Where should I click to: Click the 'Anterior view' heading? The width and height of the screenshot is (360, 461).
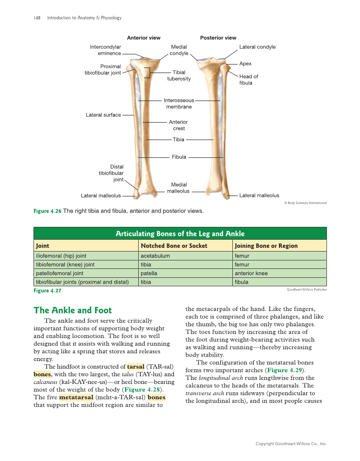click(x=144, y=38)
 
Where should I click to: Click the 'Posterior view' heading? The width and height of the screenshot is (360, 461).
click(x=218, y=38)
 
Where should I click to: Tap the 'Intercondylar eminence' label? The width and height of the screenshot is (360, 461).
click(x=105, y=50)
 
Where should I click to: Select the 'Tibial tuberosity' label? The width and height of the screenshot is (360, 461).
click(x=179, y=75)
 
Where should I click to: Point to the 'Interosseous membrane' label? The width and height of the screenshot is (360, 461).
click(x=179, y=103)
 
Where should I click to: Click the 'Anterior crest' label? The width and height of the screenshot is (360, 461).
click(x=179, y=125)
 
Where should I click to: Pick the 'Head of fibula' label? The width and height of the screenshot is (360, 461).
click(x=248, y=80)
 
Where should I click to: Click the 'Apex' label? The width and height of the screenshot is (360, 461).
click(x=245, y=64)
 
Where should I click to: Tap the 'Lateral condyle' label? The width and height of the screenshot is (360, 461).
click(x=257, y=47)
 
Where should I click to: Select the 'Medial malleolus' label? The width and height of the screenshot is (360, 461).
click(x=179, y=188)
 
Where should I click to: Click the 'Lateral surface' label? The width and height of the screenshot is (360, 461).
click(x=103, y=115)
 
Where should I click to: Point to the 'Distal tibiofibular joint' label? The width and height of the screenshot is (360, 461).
click(x=111, y=173)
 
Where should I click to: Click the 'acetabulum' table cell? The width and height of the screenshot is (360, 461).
click(x=155, y=256)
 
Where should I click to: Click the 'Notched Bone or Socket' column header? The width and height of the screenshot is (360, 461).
click(x=174, y=246)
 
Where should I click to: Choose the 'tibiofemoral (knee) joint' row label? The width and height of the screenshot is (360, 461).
click(x=65, y=265)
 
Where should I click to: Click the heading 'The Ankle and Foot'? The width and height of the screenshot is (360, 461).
click(x=73, y=310)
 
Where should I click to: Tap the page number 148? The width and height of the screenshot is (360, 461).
click(x=37, y=18)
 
